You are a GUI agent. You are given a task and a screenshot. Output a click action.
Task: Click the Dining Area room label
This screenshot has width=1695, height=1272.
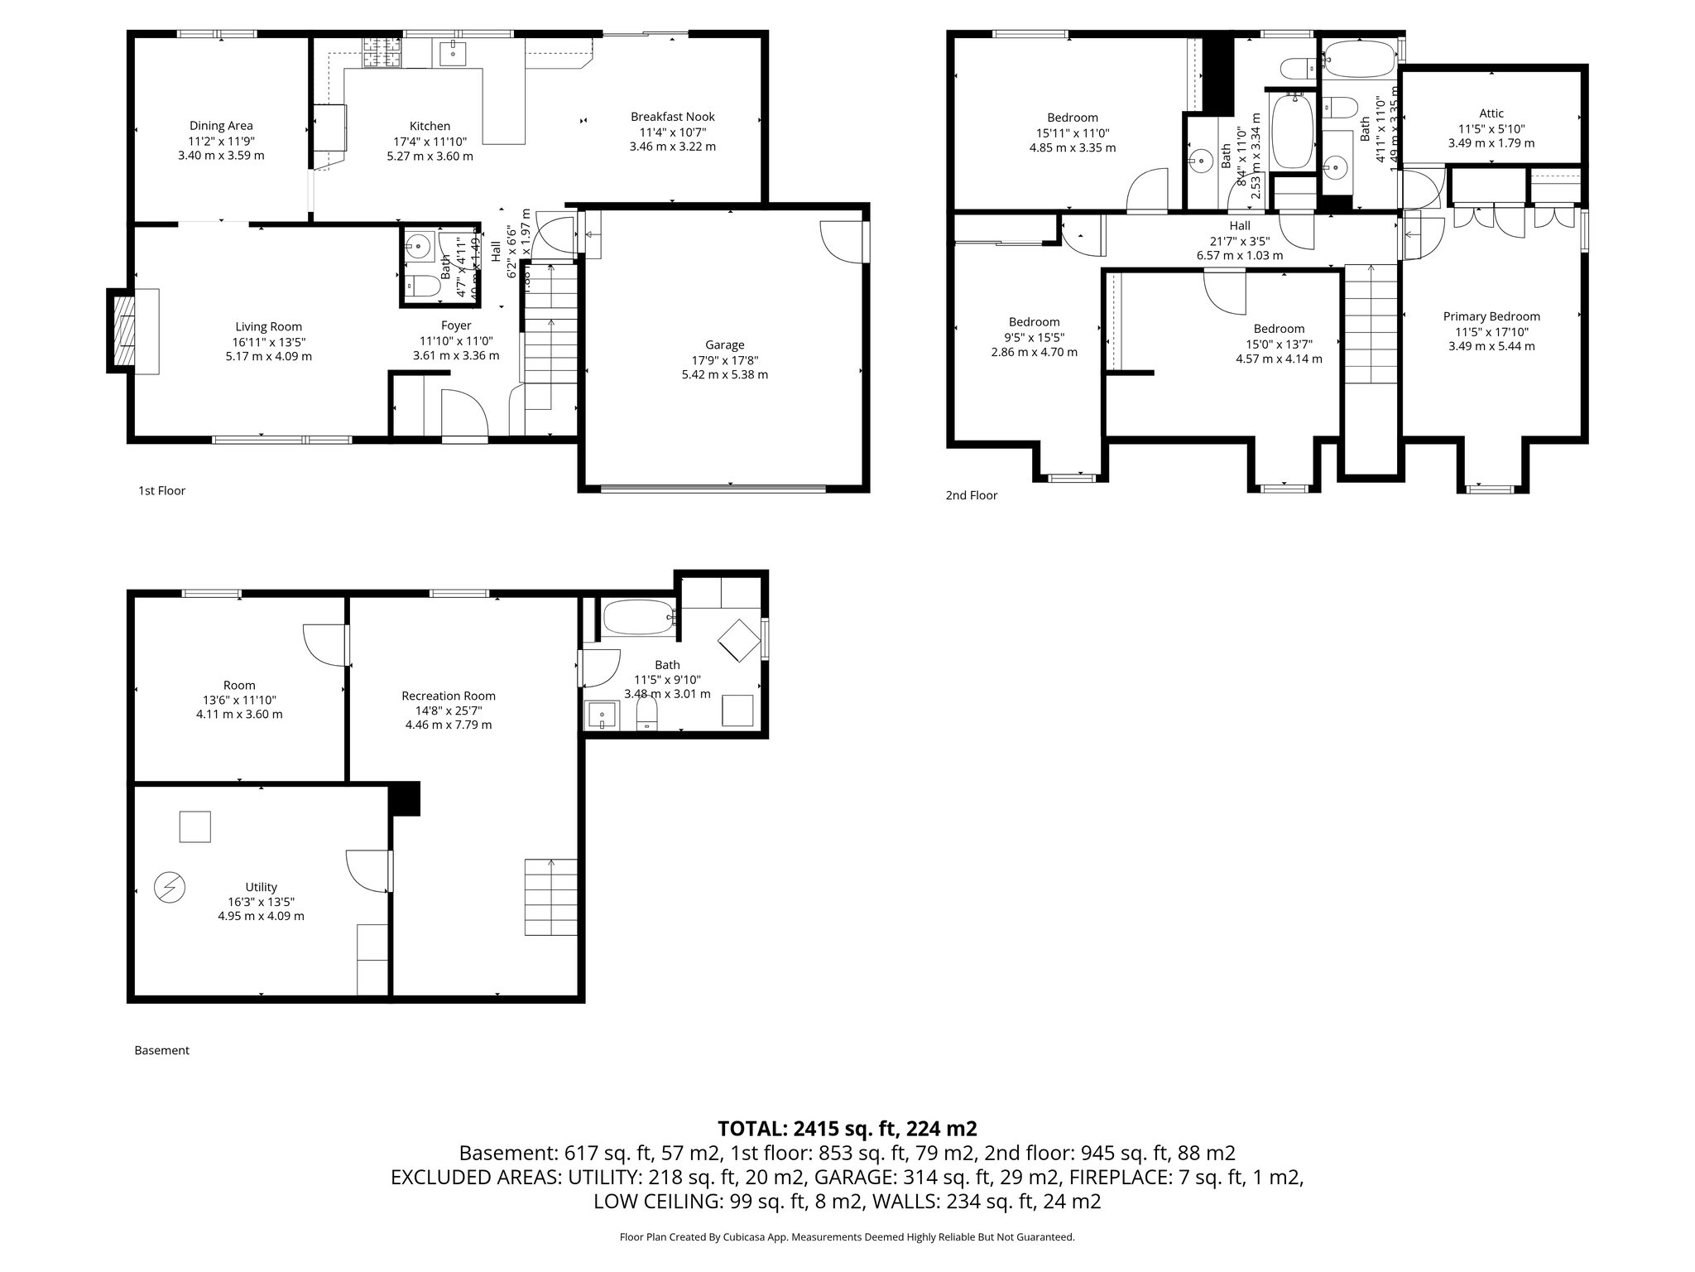click(221, 126)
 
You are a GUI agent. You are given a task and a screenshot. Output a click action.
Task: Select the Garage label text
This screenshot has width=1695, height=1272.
click(724, 345)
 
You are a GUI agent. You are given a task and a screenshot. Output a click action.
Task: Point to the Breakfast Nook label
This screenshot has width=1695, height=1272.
click(672, 117)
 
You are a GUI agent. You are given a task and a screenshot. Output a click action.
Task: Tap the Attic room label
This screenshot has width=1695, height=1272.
click(1491, 113)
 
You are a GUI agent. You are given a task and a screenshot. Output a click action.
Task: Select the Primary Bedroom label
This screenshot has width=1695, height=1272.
click(1491, 316)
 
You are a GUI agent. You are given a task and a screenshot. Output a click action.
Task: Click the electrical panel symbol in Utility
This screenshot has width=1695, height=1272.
click(170, 888)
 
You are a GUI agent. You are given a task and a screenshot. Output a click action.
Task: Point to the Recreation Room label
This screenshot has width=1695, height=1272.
click(448, 696)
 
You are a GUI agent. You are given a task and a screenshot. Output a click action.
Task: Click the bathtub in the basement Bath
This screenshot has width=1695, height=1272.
click(638, 617)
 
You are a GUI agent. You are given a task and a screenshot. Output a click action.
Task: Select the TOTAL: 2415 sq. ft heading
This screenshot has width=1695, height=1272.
click(847, 1129)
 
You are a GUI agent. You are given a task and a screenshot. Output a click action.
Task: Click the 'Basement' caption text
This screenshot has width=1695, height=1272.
click(161, 1050)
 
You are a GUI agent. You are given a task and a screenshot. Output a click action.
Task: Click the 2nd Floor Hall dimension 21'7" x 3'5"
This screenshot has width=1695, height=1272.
click(1239, 241)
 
